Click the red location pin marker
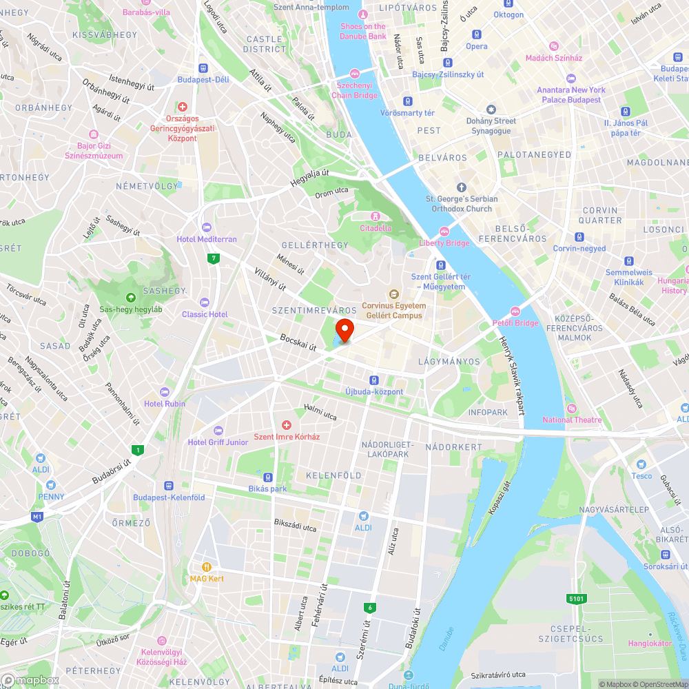pos(344,329)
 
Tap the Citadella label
pos(376,228)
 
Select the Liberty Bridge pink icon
pos(444,232)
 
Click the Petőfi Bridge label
pos(515,322)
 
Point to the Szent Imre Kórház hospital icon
pos(287,426)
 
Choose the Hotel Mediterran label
pos(206,239)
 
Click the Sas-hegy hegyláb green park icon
pos(131,298)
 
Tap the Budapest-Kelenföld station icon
pos(169,486)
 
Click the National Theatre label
pos(572,420)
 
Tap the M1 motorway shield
pos(37,516)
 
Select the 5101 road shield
pos(577,599)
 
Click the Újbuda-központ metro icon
pos(374,380)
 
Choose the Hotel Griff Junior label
pos(218,442)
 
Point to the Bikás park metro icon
pos(267,477)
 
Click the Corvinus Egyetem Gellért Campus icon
pos(394,295)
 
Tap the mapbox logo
pos(30,680)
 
